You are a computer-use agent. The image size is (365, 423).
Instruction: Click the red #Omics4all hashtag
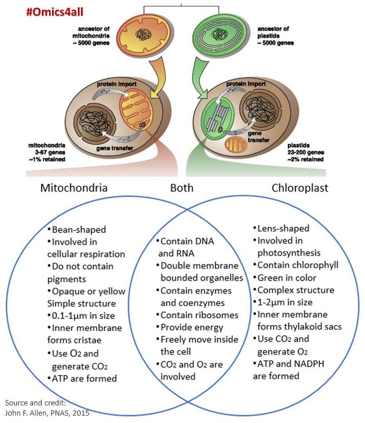click(55, 12)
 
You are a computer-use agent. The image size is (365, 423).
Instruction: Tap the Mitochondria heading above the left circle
click(74, 188)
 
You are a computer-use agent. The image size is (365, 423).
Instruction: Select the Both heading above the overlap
click(182, 188)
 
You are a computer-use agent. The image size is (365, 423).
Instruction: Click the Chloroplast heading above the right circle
click(300, 188)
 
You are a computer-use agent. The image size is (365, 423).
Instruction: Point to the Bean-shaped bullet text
click(77, 230)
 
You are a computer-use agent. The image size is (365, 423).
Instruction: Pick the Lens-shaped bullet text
click(281, 229)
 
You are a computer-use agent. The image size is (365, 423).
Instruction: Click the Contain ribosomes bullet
click(197, 315)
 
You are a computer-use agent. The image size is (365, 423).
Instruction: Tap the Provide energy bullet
click(190, 327)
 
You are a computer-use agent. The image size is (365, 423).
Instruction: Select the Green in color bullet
click(285, 278)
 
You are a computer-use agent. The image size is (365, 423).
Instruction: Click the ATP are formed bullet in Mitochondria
click(82, 378)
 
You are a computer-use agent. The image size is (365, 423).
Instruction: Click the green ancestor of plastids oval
click(219, 34)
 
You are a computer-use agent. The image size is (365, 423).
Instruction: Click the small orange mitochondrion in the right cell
click(236, 145)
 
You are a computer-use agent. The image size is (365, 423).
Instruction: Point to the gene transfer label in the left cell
click(114, 148)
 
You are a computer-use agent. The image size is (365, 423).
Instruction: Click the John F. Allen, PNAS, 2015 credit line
click(47, 413)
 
